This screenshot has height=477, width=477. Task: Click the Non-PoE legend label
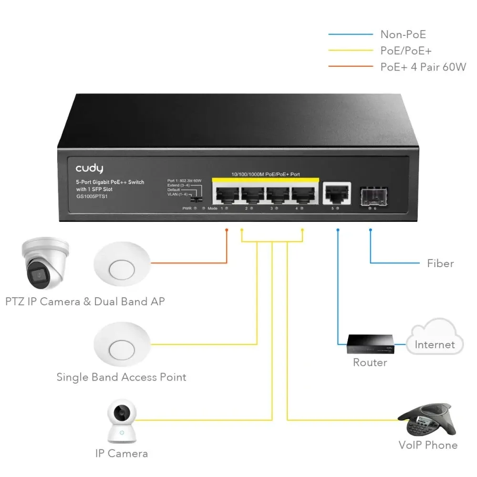[x=403, y=34]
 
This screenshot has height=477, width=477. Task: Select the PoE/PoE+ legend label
[x=406, y=51]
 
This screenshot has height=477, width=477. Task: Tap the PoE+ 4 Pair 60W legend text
[x=423, y=67]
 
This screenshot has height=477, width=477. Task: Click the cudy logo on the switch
[x=89, y=168]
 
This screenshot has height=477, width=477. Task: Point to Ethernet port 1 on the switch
[x=227, y=193]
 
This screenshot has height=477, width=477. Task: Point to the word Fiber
[x=440, y=263]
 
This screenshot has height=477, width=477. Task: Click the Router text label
[x=370, y=363]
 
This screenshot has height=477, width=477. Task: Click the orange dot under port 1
[x=227, y=230]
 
